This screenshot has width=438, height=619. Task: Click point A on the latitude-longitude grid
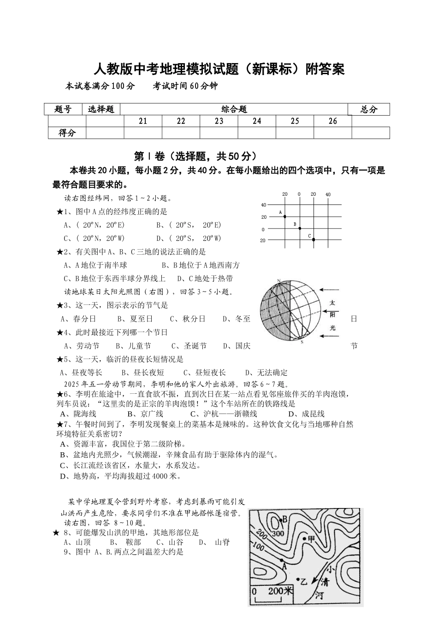coord(284,216)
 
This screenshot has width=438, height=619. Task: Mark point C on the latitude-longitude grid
coord(313,239)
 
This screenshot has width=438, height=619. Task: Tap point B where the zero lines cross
coord(299,228)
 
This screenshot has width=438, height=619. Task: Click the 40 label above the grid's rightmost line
coord(328,194)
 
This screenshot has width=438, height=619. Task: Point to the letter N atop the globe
coord(279,280)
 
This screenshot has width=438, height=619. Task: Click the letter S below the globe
coord(302,342)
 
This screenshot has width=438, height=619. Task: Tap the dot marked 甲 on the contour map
coord(305,538)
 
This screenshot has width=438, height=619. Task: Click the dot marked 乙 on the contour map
coord(298,579)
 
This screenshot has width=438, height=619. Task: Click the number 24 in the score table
coord(257,121)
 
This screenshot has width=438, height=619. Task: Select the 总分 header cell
coord(369,109)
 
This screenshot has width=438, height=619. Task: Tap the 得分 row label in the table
coord(67,133)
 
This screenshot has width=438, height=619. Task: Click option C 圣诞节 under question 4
coord(189,346)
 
